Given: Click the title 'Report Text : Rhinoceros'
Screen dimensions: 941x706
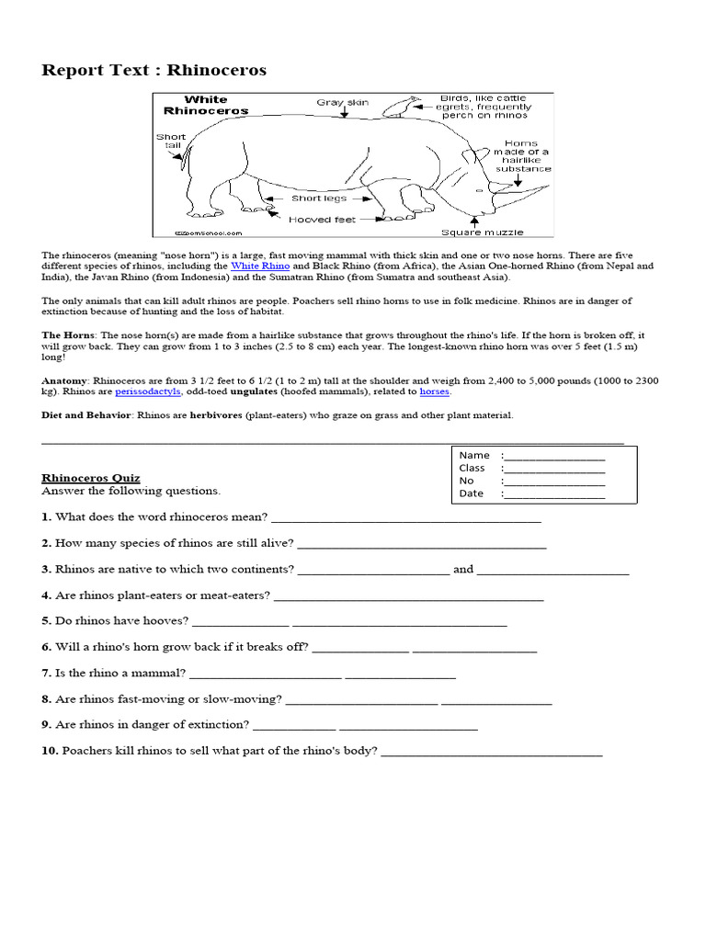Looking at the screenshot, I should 154,71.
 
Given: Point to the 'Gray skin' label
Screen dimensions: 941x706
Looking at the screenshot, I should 342,102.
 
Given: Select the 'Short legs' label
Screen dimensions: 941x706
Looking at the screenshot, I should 319,198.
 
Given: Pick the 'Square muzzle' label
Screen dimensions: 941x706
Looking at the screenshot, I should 474,232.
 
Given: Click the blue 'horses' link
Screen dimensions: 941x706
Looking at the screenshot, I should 435,391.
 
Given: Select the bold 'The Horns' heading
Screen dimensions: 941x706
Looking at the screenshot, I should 68,335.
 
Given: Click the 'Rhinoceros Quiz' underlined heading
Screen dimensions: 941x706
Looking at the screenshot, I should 91,478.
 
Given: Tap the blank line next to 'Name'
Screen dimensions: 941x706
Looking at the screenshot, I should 555,456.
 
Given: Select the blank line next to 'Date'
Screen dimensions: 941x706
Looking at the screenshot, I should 555,494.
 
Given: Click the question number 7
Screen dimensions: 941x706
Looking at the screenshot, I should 46,674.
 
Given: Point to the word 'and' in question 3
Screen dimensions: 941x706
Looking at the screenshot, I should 463,570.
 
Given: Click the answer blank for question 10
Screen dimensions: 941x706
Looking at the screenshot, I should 491,752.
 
